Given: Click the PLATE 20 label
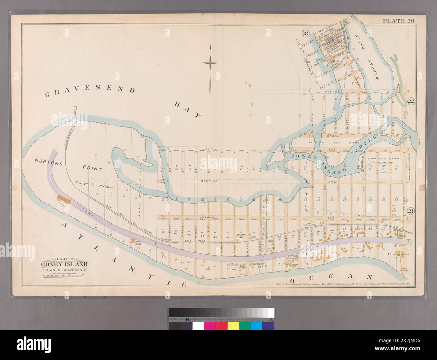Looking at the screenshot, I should (x=398, y=21).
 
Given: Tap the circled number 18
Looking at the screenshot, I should (x=305, y=33).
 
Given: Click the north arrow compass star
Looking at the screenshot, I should (x=210, y=63).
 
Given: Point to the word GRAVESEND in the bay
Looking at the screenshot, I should (x=90, y=90).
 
